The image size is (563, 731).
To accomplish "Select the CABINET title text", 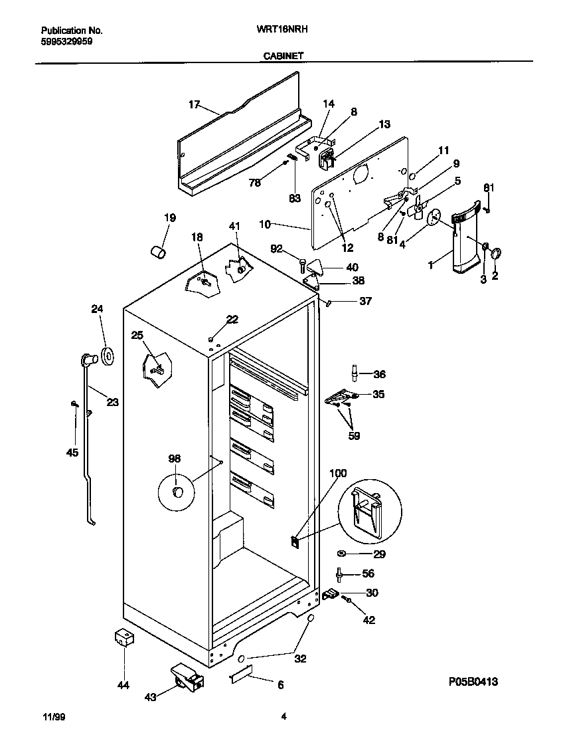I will [281, 56].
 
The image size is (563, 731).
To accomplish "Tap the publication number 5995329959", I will [66, 41].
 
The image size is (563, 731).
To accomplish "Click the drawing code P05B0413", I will [473, 682].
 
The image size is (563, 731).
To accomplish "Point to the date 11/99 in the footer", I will [54, 716].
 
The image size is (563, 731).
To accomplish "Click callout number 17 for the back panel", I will [194, 104].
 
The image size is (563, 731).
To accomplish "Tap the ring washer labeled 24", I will [106, 356].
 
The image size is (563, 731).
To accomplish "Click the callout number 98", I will [174, 459].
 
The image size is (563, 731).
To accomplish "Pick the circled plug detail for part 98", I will [177, 491].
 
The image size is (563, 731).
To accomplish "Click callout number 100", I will [338, 473].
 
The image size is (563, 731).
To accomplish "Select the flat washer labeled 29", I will [341, 554].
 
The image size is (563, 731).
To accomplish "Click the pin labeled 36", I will [355, 373].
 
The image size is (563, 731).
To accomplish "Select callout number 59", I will [354, 436].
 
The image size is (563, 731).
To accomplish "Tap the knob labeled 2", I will [497, 252].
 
